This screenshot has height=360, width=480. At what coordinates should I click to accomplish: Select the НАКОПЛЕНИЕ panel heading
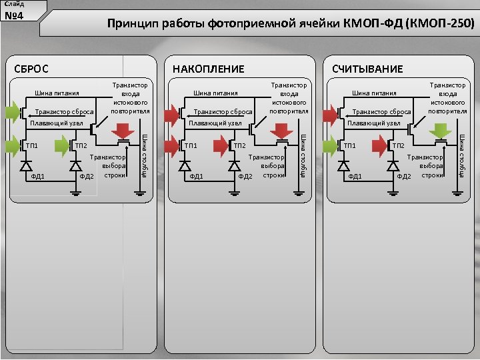(x=208, y=69)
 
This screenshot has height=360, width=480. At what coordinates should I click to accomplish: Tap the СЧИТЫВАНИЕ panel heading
(x=367, y=69)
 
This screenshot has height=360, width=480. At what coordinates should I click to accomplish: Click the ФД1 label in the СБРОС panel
(x=37, y=176)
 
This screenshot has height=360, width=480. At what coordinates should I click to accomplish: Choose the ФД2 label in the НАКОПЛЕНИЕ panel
(x=245, y=176)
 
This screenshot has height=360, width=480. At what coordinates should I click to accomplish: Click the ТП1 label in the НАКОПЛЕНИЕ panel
(x=191, y=145)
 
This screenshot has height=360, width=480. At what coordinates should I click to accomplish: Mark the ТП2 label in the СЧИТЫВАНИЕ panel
(x=398, y=145)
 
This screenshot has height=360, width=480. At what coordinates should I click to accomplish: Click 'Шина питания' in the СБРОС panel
(x=57, y=93)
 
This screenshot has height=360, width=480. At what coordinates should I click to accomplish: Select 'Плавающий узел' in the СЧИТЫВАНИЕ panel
(x=374, y=123)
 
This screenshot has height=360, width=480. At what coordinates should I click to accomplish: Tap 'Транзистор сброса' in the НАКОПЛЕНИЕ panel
(x=223, y=111)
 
